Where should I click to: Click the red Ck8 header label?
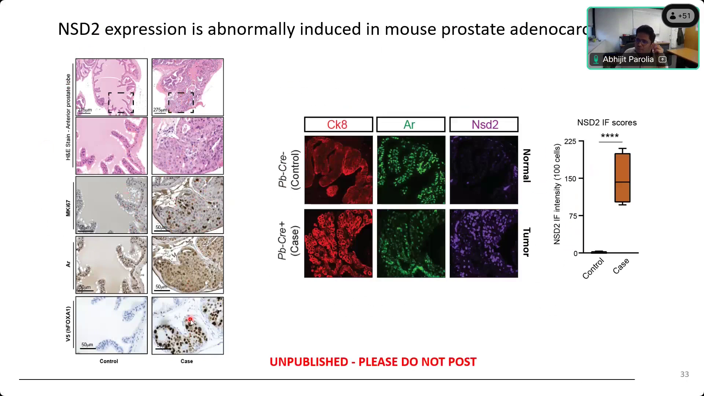(x=337, y=125)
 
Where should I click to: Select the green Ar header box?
(x=410, y=125)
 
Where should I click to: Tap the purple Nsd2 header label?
(x=484, y=125)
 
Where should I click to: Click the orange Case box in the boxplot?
(x=622, y=178)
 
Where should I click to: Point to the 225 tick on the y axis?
(x=570, y=142)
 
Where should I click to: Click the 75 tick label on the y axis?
(x=573, y=216)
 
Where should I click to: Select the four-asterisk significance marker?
(x=610, y=136)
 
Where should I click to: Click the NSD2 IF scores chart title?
(x=606, y=122)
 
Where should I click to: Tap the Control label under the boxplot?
(x=593, y=268)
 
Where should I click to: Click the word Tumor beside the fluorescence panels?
(x=526, y=242)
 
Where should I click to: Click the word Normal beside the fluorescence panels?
(x=526, y=166)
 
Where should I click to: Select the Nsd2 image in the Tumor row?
(x=484, y=243)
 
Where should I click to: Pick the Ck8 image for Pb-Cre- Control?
(x=338, y=170)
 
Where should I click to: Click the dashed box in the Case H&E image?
(x=181, y=103)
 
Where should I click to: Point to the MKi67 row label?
(x=68, y=208)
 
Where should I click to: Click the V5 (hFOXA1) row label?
(x=68, y=324)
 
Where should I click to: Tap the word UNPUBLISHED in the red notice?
(x=309, y=362)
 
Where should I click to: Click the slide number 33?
(x=684, y=374)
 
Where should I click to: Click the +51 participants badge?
(x=680, y=16)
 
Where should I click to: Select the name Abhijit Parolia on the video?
(x=628, y=59)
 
